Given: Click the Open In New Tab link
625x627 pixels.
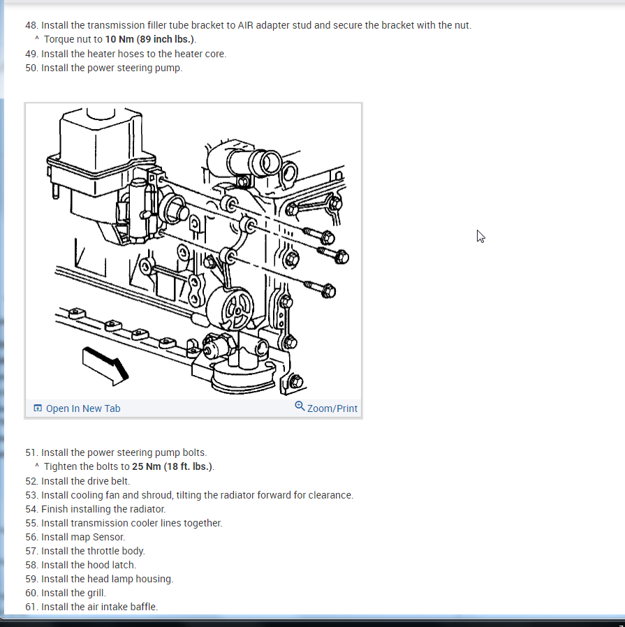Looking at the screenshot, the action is [77, 408].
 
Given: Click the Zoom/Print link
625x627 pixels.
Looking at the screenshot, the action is [326, 408].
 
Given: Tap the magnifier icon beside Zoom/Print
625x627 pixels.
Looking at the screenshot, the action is [300, 406].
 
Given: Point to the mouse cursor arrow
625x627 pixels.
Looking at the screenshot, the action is [480, 236].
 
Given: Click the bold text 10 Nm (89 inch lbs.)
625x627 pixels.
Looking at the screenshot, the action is [150, 39].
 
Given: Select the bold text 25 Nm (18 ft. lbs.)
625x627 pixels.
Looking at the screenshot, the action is [172, 466].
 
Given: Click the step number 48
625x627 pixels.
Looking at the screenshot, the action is [31, 25].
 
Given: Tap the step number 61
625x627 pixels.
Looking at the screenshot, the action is [31, 607].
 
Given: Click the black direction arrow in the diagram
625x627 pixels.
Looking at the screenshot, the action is [105, 365].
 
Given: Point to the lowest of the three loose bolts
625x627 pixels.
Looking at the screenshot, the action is [319, 288].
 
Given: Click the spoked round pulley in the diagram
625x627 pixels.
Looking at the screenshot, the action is [230, 309].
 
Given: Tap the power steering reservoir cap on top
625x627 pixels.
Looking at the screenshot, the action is [101, 114].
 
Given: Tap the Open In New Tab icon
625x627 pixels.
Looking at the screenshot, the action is [38, 408].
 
